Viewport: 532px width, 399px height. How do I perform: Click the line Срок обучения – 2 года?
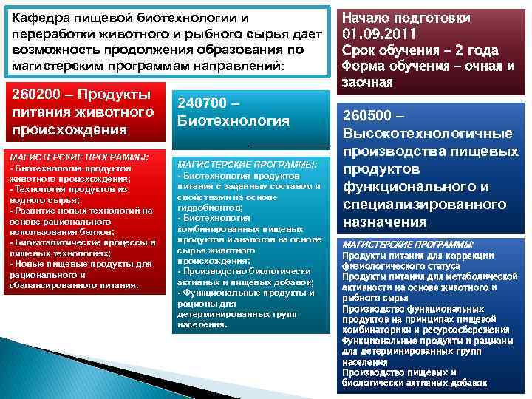[x=420, y=50]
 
